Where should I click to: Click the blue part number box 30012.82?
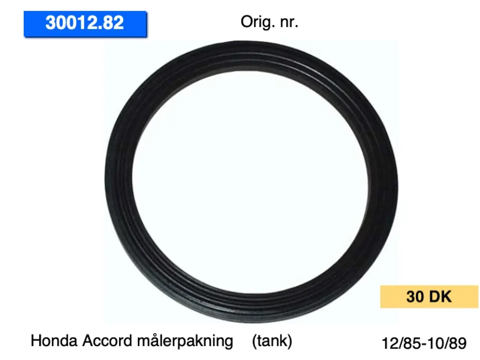pos(85,24)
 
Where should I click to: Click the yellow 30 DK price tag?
pos(429,296)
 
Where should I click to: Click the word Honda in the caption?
pos(54,341)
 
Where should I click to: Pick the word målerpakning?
pos(185,341)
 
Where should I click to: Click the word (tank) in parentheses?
pos(272,341)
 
